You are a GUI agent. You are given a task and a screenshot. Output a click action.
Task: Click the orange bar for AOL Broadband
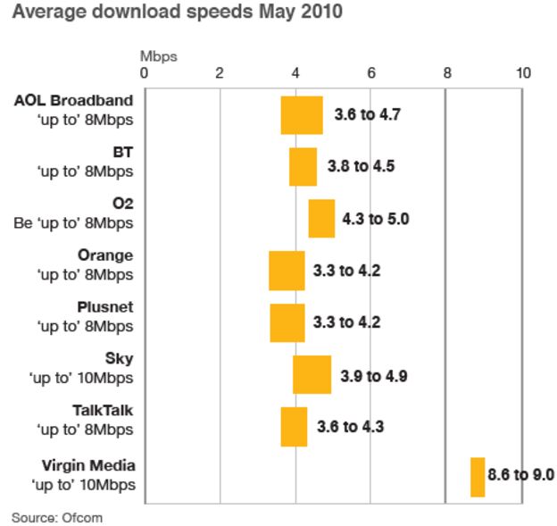[302, 115]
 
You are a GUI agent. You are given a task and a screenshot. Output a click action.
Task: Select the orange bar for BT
[303, 167]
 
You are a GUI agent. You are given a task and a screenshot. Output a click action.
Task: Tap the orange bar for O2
[321, 219]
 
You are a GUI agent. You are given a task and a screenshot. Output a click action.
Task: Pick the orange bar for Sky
[312, 374]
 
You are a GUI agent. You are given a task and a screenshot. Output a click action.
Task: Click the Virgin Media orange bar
[478, 477]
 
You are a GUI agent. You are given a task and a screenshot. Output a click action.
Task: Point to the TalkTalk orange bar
[294, 426]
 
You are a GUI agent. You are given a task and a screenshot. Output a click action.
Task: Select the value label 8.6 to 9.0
[520, 476]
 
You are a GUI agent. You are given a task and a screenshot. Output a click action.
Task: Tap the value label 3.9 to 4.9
[373, 375]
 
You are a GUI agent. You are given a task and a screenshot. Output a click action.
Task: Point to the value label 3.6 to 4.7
[367, 115]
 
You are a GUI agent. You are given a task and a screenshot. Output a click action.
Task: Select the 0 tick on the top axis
[145, 73]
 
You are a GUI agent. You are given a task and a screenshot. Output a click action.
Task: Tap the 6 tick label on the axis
[371, 73]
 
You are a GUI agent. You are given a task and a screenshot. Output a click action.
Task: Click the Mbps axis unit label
[159, 56]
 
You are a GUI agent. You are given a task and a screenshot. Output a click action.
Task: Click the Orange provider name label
[105, 256]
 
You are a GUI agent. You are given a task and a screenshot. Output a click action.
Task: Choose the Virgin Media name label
[88, 466]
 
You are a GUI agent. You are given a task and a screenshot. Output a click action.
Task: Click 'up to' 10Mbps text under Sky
[85, 378]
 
